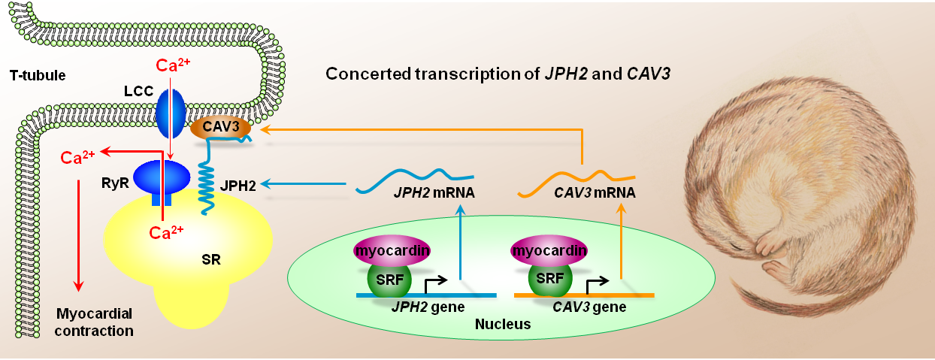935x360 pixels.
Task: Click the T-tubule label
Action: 38,75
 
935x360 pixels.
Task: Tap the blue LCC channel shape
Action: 171,113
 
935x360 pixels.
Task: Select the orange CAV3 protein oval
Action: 221,128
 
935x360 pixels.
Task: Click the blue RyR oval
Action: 162,178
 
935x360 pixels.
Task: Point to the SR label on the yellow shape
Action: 210,260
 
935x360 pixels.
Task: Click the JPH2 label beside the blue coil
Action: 238,185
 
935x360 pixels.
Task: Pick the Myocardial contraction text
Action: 94,322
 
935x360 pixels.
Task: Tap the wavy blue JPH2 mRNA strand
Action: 414,181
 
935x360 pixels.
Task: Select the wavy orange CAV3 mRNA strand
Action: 576,183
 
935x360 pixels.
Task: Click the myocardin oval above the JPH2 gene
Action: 392,251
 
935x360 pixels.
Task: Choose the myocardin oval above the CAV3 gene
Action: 549,251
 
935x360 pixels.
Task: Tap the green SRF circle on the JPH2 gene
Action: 389,280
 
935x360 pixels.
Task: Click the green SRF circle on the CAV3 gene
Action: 550,279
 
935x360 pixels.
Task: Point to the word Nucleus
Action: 503,324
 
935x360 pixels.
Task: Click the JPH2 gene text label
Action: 428,307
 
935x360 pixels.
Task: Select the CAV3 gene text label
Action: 589,307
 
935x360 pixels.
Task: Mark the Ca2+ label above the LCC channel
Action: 173,65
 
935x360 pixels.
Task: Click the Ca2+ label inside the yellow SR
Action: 166,232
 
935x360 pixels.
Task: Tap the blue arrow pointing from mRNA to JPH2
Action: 303,183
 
